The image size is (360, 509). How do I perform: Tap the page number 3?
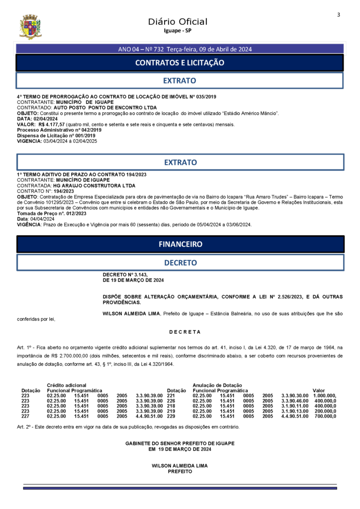click(338, 14)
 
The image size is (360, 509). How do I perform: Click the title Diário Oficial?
click(178, 21)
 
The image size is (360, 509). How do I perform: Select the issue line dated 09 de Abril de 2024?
click(185, 49)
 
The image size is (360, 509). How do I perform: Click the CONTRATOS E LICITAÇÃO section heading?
click(180, 63)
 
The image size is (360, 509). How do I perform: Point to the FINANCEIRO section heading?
click(180, 244)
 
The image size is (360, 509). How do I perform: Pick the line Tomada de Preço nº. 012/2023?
click(52, 213)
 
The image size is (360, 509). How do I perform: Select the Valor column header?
click(318, 390)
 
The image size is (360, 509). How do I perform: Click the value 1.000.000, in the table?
click(325, 396)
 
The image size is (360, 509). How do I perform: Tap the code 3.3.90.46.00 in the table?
click(295, 401)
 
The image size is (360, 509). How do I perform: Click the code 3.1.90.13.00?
click(295, 411)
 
